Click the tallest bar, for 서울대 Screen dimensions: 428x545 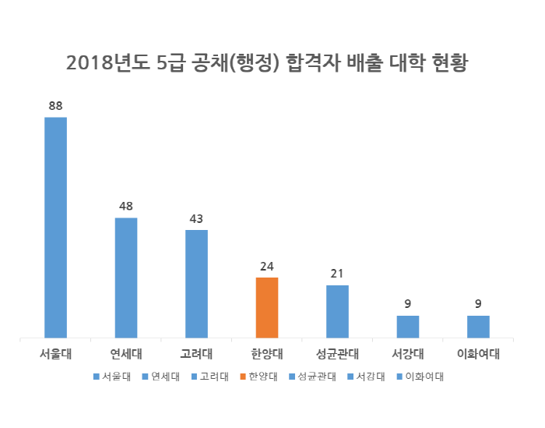(x=55, y=228)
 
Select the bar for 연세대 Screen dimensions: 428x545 (x=126, y=278)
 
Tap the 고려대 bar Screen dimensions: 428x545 (x=196, y=285)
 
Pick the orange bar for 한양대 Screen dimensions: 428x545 (x=267, y=308)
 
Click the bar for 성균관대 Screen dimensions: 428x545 (x=337, y=312)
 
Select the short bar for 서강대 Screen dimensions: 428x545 (x=408, y=327)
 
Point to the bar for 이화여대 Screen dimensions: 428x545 (x=478, y=327)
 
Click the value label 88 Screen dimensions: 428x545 (x=55, y=105)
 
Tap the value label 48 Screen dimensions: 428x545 (x=126, y=206)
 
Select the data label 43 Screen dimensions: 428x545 (x=196, y=218)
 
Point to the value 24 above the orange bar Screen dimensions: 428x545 (x=267, y=266)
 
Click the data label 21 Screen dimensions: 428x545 (x=337, y=274)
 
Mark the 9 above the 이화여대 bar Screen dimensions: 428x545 (x=478, y=304)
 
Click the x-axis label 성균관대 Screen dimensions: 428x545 (x=337, y=353)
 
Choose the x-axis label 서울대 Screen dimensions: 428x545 (x=55, y=353)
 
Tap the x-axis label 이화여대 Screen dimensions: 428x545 (x=478, y=353)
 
